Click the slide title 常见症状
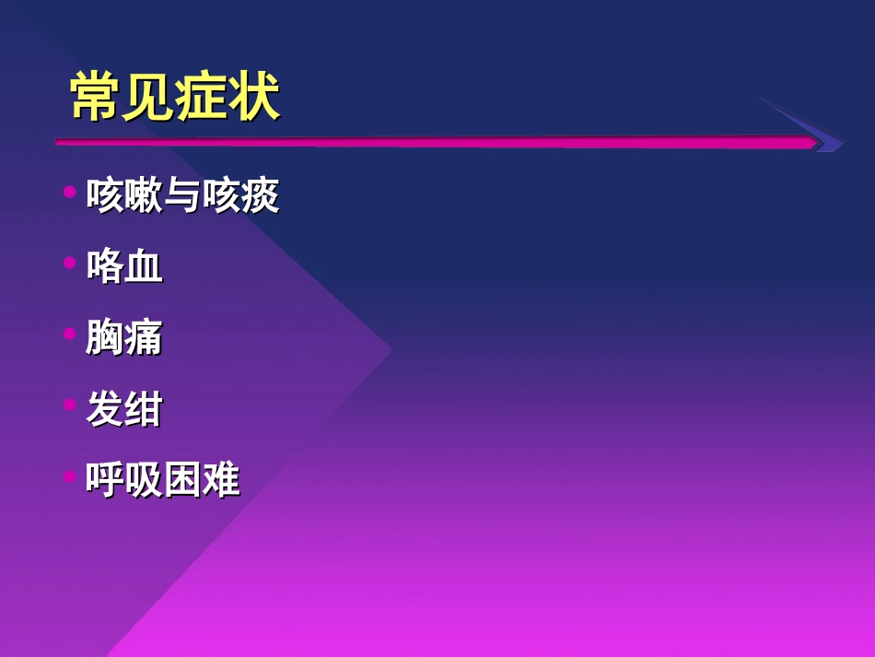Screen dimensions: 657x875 point(175,98)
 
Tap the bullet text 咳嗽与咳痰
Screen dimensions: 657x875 point(182,196)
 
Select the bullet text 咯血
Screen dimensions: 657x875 point(124,267)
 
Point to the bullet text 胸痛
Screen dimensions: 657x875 point(124,338)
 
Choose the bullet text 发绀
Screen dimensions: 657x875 point(124,409)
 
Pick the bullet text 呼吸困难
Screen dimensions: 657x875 point(163,480)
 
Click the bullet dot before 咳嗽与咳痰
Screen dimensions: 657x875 point(69,193)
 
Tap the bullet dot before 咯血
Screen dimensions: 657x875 point(69,264)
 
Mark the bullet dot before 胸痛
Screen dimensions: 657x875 point(69,334)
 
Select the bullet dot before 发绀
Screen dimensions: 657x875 point(69,405)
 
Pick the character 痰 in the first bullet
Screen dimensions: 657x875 point(260,196)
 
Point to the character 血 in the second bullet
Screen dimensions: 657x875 point(144,267)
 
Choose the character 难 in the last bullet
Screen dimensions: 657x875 point(221,480)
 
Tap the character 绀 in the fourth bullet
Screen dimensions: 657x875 point(144,409)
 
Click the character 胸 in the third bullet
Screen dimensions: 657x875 point(105,338)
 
